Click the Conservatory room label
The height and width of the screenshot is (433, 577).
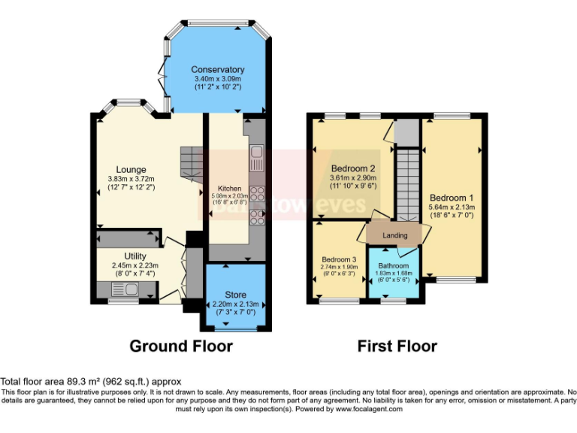point(217,70)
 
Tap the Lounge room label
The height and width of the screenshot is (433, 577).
point(131,169)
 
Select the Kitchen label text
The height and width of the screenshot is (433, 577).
point(229,188)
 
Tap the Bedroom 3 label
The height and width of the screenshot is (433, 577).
point(337,259)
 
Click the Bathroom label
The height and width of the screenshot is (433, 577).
point(394,266)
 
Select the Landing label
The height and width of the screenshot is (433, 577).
point(395,235)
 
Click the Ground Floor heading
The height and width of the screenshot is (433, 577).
point(180,347)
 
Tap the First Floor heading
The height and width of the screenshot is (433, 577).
point(397,347)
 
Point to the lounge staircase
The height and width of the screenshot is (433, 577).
point(191,161)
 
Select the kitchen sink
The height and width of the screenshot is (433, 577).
point(255,159)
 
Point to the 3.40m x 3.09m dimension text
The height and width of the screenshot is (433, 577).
point(217,78)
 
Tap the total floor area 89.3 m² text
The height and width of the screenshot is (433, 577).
point(90,382)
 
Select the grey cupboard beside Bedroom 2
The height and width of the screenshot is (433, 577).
point(405,132)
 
